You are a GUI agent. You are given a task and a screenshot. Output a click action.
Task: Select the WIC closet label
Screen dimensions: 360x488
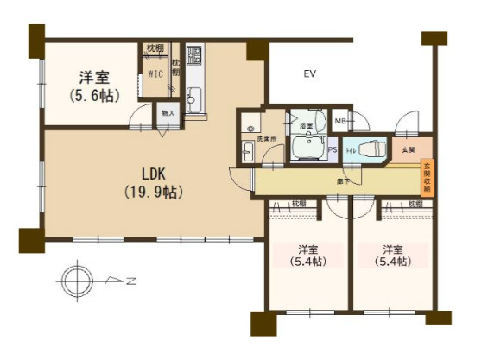tap(155, 74)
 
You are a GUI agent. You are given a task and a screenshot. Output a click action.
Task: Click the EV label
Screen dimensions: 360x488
tap(308, 74)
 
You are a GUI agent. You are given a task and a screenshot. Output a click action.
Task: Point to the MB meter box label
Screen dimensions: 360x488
tap(341, 121)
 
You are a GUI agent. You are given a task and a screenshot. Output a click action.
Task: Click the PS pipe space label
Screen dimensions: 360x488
tap(333, 149)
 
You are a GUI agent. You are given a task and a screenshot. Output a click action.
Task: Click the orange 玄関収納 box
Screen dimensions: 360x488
tap(425, 180)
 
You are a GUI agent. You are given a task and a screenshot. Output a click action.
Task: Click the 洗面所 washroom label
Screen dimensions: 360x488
tap(268, 138)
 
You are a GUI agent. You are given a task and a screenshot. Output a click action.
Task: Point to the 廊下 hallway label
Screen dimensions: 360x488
tap(344, 182)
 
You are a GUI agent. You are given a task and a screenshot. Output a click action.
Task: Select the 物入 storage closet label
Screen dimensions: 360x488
tap(168, 113)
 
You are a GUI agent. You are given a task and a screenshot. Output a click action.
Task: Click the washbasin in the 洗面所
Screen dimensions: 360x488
tap(248, 155)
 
